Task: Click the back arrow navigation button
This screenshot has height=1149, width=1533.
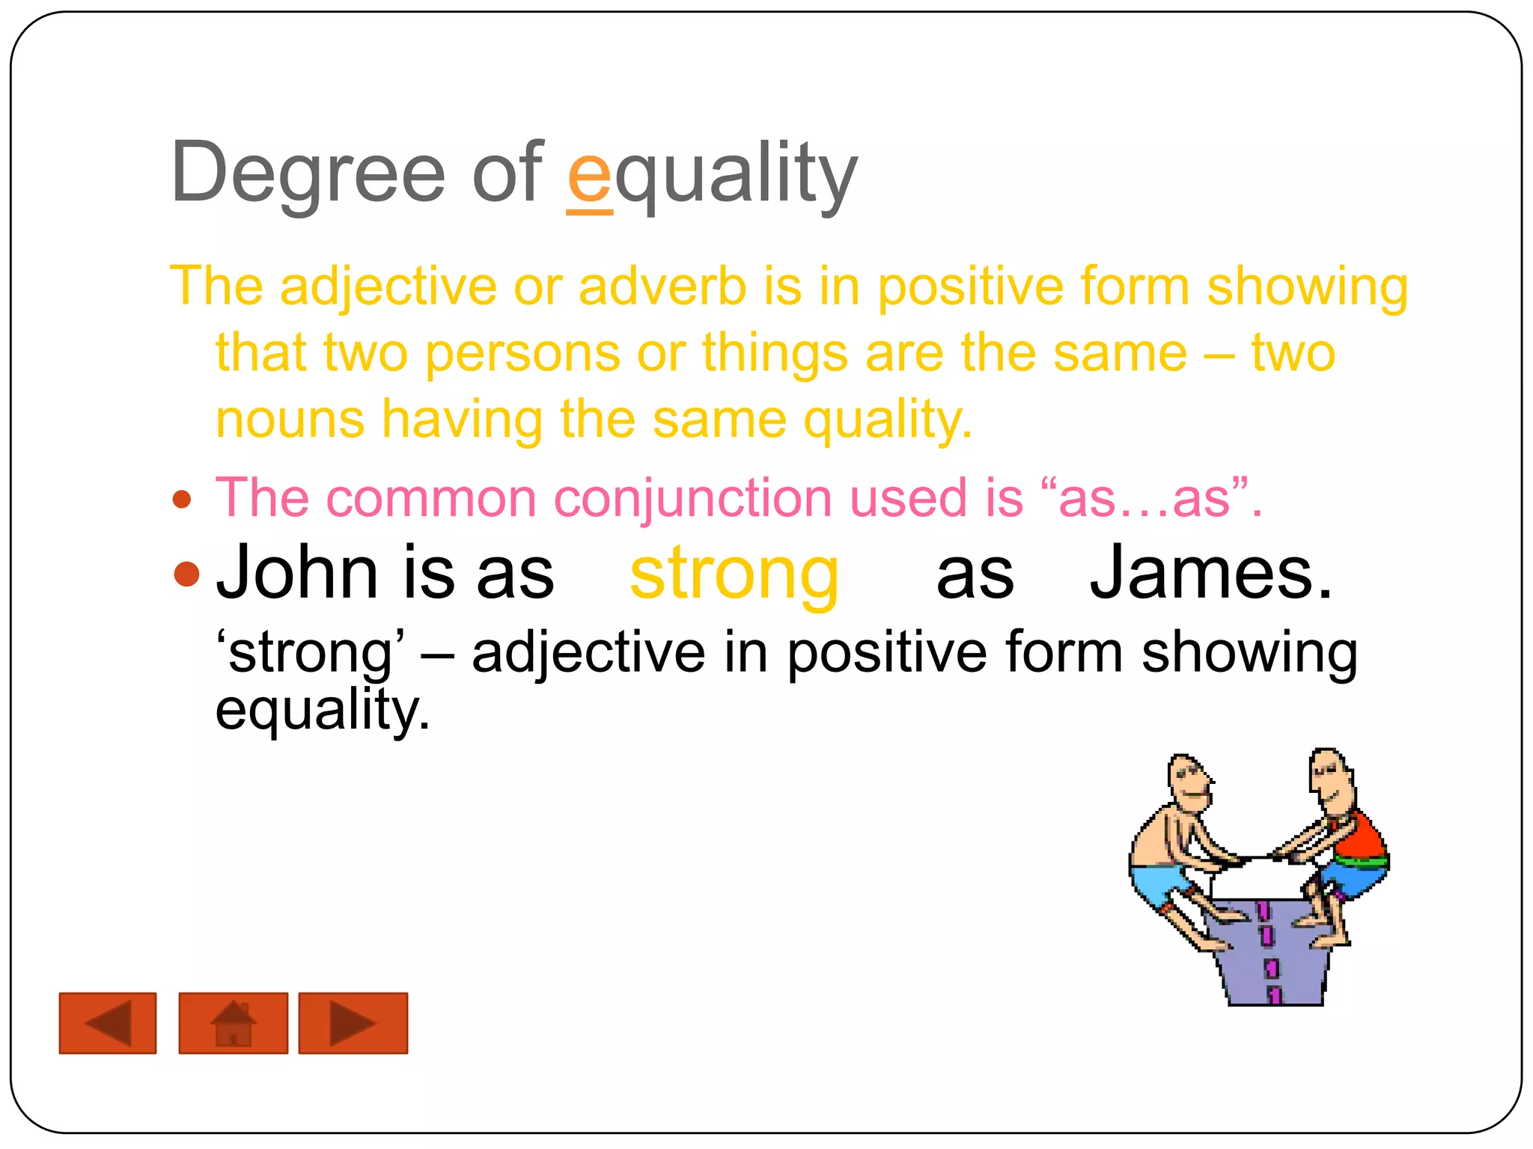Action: click(108, 1023)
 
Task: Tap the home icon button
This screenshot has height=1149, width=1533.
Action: click(234, 1023)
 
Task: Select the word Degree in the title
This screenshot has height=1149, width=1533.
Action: click(308, 174)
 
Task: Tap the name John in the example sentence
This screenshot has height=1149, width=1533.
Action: click(297, 573)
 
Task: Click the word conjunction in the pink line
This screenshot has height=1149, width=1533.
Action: click(692, 498)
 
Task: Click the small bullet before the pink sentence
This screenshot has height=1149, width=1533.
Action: click(182, 500)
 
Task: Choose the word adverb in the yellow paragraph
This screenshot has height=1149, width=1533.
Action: click(662, 287)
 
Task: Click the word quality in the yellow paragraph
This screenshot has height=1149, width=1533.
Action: click(887, 420)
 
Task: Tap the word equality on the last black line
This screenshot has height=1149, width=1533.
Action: click(322, 710)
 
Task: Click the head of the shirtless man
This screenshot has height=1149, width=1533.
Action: click(1188, 782)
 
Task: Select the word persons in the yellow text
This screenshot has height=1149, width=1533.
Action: click(522, 353)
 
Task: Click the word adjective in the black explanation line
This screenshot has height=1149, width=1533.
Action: click(588, 653)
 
